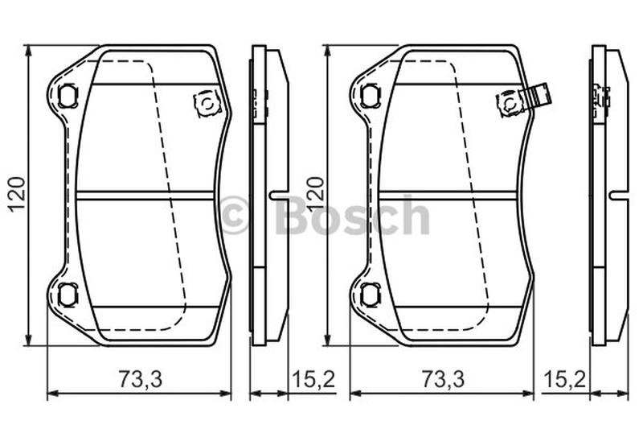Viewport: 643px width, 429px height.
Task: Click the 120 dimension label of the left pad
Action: [17, 193]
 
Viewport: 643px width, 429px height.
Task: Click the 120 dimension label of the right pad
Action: [316, 193]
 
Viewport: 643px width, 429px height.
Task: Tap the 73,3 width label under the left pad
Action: [141, 379]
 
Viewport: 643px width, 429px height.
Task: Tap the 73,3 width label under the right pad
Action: [444, 379]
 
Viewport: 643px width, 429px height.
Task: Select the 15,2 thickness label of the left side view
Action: [313, 379]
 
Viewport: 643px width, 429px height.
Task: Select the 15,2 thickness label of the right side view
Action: [564, 379]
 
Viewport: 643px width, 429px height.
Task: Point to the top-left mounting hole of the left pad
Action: [67, 96]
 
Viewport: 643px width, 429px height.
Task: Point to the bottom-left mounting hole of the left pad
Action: [67, 294]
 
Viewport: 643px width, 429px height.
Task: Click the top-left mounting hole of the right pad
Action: [369, 96]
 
